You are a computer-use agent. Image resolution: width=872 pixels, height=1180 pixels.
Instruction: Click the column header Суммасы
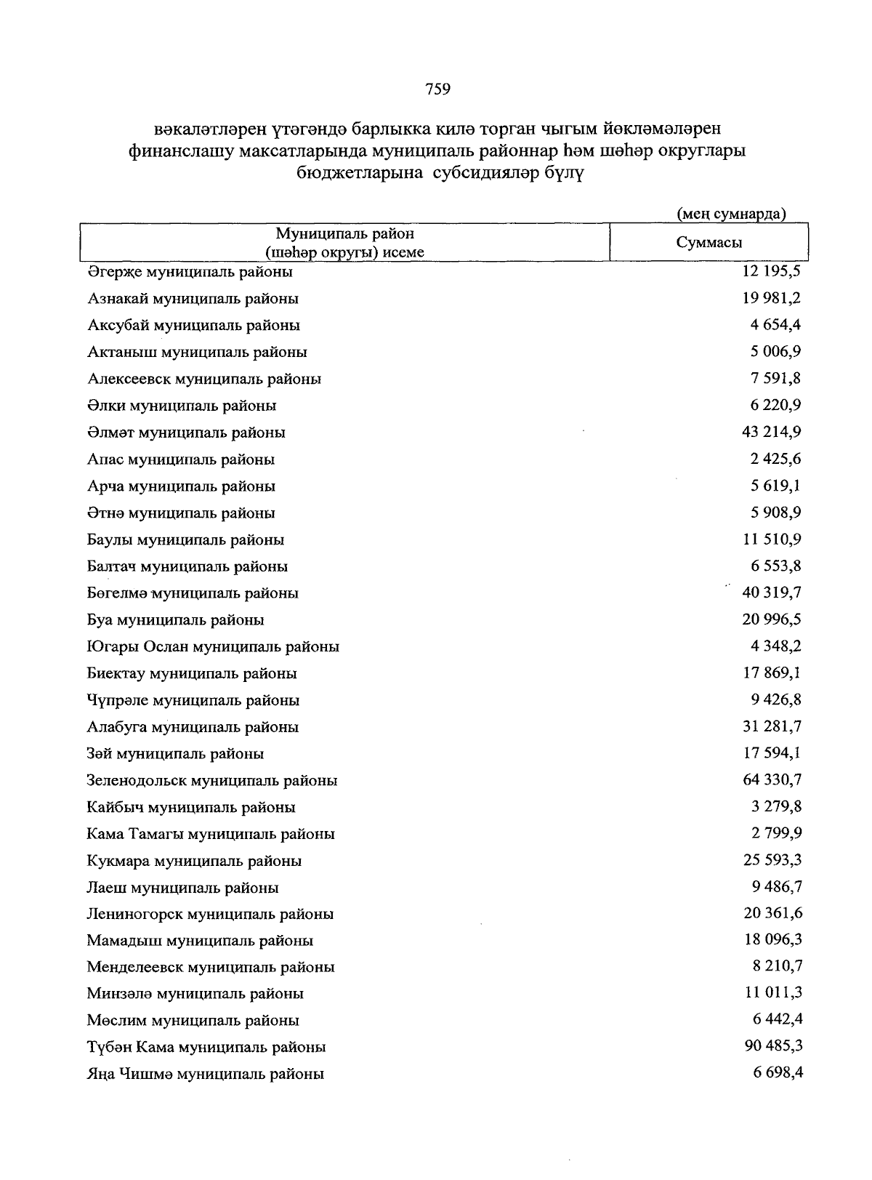coord(708,243)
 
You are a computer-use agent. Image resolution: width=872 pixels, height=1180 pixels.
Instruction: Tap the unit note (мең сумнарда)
coord(731,214)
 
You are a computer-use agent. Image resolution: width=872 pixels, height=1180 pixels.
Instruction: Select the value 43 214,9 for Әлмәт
coord(771,432)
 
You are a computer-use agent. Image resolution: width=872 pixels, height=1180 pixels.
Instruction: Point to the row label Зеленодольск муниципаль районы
coord(211,781)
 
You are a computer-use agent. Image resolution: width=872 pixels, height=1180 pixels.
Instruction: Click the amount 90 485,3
coord(772,1046)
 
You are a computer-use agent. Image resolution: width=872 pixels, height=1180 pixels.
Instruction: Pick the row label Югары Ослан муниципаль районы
coord(213,647)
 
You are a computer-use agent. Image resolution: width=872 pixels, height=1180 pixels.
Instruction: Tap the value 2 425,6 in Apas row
coord(776,459)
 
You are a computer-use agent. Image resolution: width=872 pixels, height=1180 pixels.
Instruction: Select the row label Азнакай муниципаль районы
coord(193,299)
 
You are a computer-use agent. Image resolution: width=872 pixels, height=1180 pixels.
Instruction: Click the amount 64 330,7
coord(772,780)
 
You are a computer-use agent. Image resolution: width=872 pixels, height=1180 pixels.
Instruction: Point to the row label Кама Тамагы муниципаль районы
coord(211,834)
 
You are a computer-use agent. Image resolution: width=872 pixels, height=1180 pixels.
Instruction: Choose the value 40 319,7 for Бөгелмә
coord(772,593)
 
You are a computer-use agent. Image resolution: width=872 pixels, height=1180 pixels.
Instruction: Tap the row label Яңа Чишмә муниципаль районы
coord(205,1074)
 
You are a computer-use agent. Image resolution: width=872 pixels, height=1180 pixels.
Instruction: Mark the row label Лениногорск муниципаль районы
coord(210,914)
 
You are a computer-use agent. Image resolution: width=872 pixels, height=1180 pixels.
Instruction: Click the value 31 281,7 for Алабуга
coord(772,726)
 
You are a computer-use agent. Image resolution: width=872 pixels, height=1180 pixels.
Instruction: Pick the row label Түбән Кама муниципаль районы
coord(206,1048)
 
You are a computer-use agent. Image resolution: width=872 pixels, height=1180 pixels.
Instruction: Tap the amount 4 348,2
coord(776,646)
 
